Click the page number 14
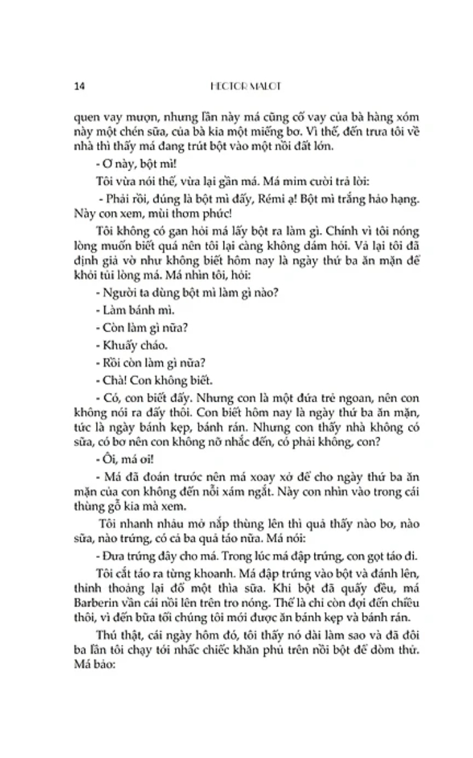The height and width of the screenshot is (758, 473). (x=79, y=86)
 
